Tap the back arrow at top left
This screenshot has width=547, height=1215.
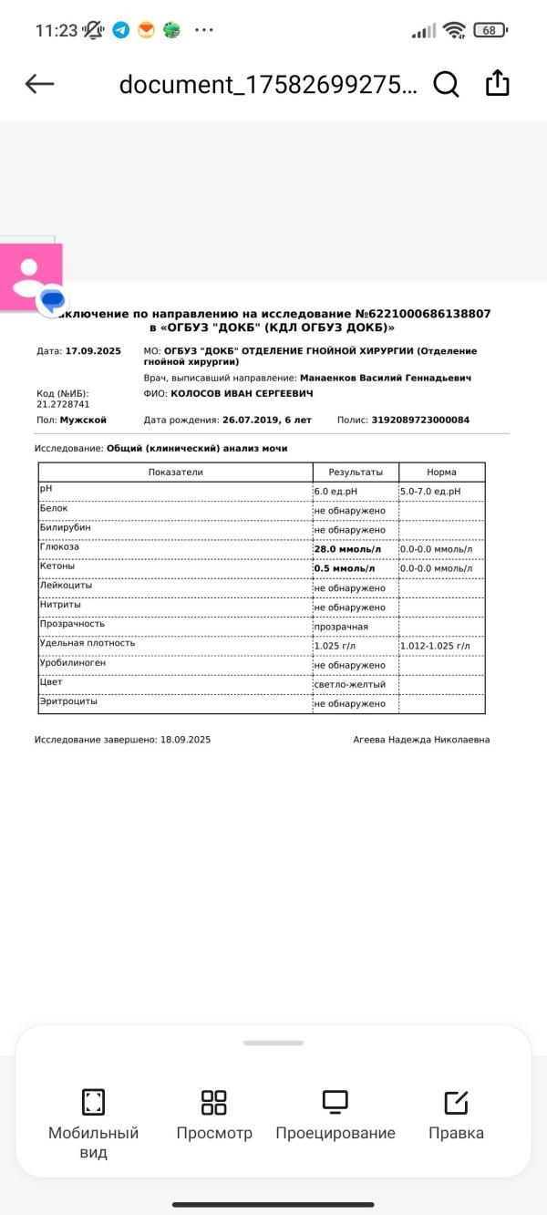click(x=40, y=84)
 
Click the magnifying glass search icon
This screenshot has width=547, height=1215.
click(x=446, y=84)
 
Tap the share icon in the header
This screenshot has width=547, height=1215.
click(x=497, y=83)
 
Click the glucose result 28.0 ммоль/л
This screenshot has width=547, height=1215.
click(x=346, y=549)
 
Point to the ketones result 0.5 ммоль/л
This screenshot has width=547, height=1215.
click(x=344, y=568)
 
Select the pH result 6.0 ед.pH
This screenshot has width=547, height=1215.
click(x=335, y=492)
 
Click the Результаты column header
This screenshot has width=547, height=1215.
click(x=356, y=472)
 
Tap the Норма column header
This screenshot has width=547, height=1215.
click(x=441, y=472)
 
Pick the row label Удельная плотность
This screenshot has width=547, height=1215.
click(x=88, y=643)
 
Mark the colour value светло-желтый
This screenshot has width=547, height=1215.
click(x=350, y=684)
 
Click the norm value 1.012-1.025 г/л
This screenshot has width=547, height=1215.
click(x=435, y=646)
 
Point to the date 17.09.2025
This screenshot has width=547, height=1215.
click(x=93, y=351)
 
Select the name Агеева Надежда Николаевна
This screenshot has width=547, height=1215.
click(x=421, y=740)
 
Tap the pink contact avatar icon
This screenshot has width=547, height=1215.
click(x=31, y=275)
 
